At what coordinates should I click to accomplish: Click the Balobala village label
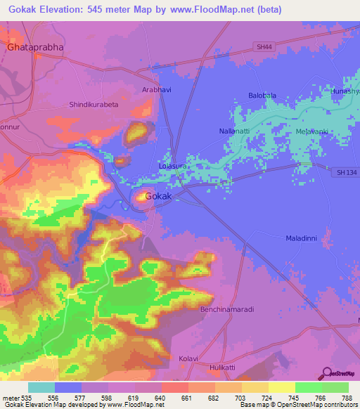(x=262, y=95)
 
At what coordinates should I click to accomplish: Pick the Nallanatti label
(x=214, y=130)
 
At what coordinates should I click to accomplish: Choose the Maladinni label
(x=302, y=238)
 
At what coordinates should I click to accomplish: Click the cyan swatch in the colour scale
(x=41, y=387)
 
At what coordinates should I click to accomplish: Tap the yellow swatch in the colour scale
(x=281, y=387)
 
